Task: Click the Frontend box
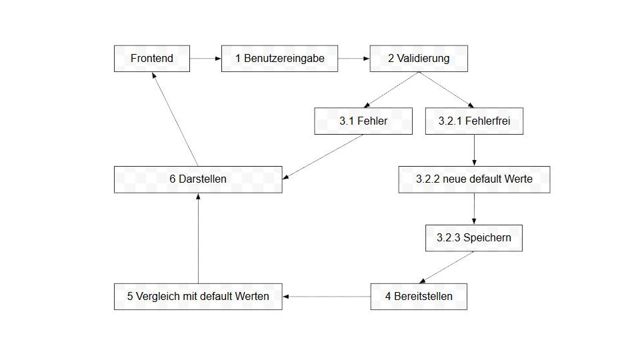coord(152,59)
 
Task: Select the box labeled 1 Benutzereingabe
coord(279,59)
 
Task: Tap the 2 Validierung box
coord(419,59)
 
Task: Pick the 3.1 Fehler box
coord(363,121)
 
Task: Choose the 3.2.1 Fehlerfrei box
coord(474,121)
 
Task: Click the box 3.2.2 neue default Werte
coord(474,179)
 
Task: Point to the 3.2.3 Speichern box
coord(474,238)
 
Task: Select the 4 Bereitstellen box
coord(419,297)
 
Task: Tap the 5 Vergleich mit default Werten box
coord(198,297)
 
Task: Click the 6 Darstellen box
coord(198,179)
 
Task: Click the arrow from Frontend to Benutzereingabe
coord(206,59)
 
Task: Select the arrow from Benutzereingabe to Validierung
coord(354,59)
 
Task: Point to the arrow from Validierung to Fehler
coord(391,90)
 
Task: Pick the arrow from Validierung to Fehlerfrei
coord(447,90)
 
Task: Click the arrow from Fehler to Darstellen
coord(323,157)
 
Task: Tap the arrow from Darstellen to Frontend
coord(175,119)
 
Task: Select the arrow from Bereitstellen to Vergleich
coord(327,297)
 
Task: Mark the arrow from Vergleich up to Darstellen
coord(199,239)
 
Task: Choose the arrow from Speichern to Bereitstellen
coord(447,267)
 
